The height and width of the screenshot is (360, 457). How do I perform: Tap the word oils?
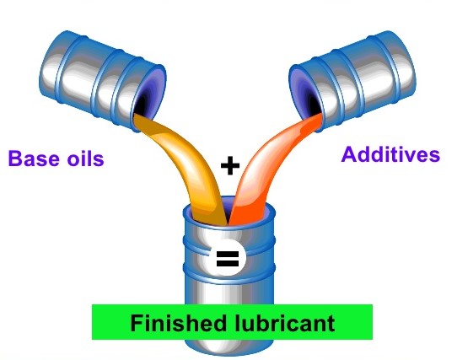pyautogui.click(x=86, y=159)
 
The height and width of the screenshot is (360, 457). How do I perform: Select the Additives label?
pyautogui.click(x=390, y=154)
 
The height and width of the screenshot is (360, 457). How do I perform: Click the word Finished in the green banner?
pyautogui.click(x=178, y=322)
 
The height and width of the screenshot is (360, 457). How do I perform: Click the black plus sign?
pyautogui.click(x=230, y=165)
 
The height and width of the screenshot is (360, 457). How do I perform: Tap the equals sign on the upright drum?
pyautogui.click(x=228, y=258)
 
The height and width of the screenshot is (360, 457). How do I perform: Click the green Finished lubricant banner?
pyautogui.click(x=232, y=322)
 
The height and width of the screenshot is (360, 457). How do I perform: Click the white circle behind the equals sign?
pyautogui.click(x=228, y=258)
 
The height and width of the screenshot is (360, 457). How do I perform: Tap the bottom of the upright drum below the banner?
pyautogui.click(x=229, y=347)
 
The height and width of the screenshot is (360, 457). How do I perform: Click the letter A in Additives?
pyautogui.click(x=349, y=154)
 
